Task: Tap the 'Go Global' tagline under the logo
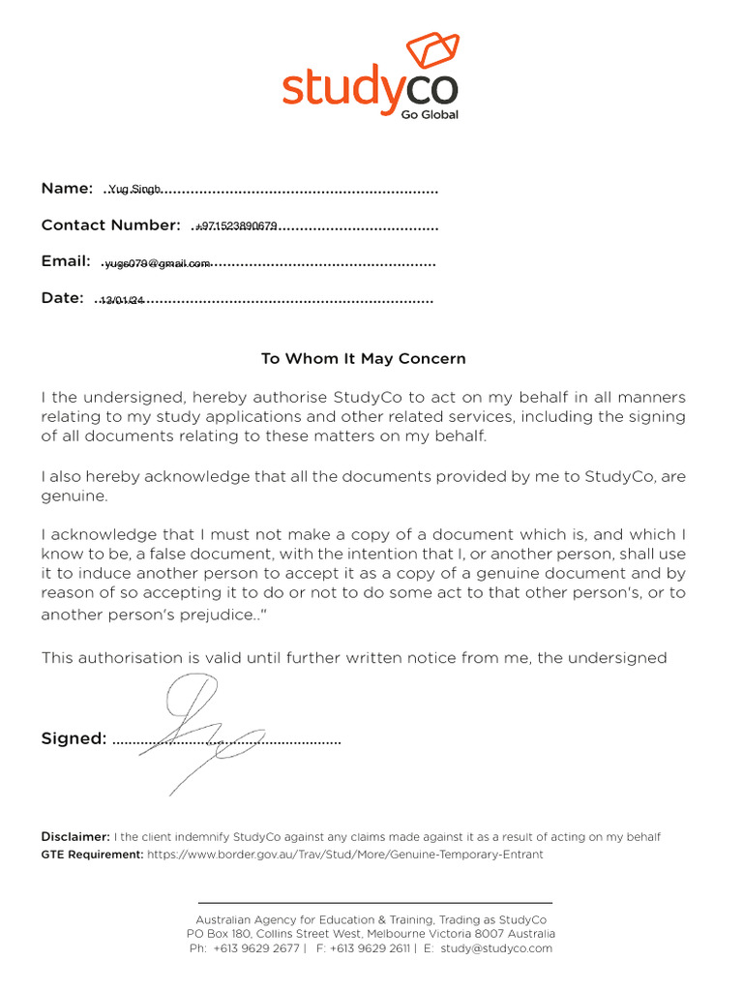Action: pos(430,114)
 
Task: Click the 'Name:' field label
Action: pos(67,188)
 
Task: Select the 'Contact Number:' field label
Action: pos(110,225)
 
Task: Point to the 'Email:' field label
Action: pos(66,261)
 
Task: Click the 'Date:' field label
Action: pos(63,298)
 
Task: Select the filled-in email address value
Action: pos(158,263)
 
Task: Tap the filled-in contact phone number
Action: pos(237,226)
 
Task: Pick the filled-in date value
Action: pos(122,300)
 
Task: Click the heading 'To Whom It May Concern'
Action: pos(364,358)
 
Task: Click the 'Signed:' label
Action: pos(74,738)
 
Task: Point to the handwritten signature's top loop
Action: pos(191,695)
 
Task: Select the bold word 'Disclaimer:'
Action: pos(75,836)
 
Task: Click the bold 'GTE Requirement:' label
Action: pos(92,855)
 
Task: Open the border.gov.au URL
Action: pos(344,855)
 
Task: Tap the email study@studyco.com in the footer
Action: pos(496,948)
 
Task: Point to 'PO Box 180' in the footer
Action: pos(219,934)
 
